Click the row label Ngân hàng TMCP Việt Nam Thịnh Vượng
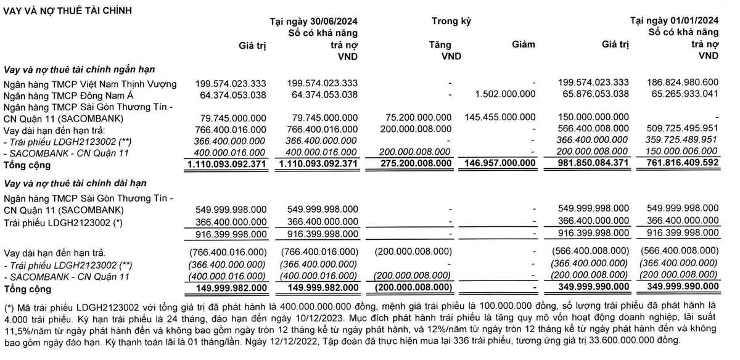click(90, 84)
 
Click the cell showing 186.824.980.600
click(682, 84)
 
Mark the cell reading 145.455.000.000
click(499, 118)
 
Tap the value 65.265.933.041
click(682, 95)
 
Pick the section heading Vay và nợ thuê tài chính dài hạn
click(80, 183)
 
